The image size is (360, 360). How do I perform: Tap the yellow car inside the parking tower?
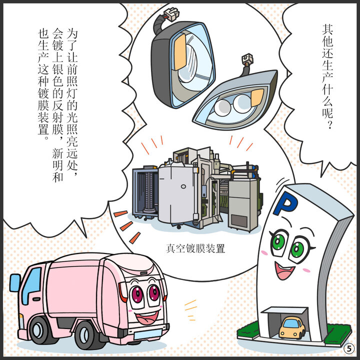click(x=291, y=327)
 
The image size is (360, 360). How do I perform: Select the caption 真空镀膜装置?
click(x=195, y=248)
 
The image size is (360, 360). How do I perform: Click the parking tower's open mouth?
click(x=283, y=271)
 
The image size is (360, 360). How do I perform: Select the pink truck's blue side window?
click(x=31, y=283)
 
